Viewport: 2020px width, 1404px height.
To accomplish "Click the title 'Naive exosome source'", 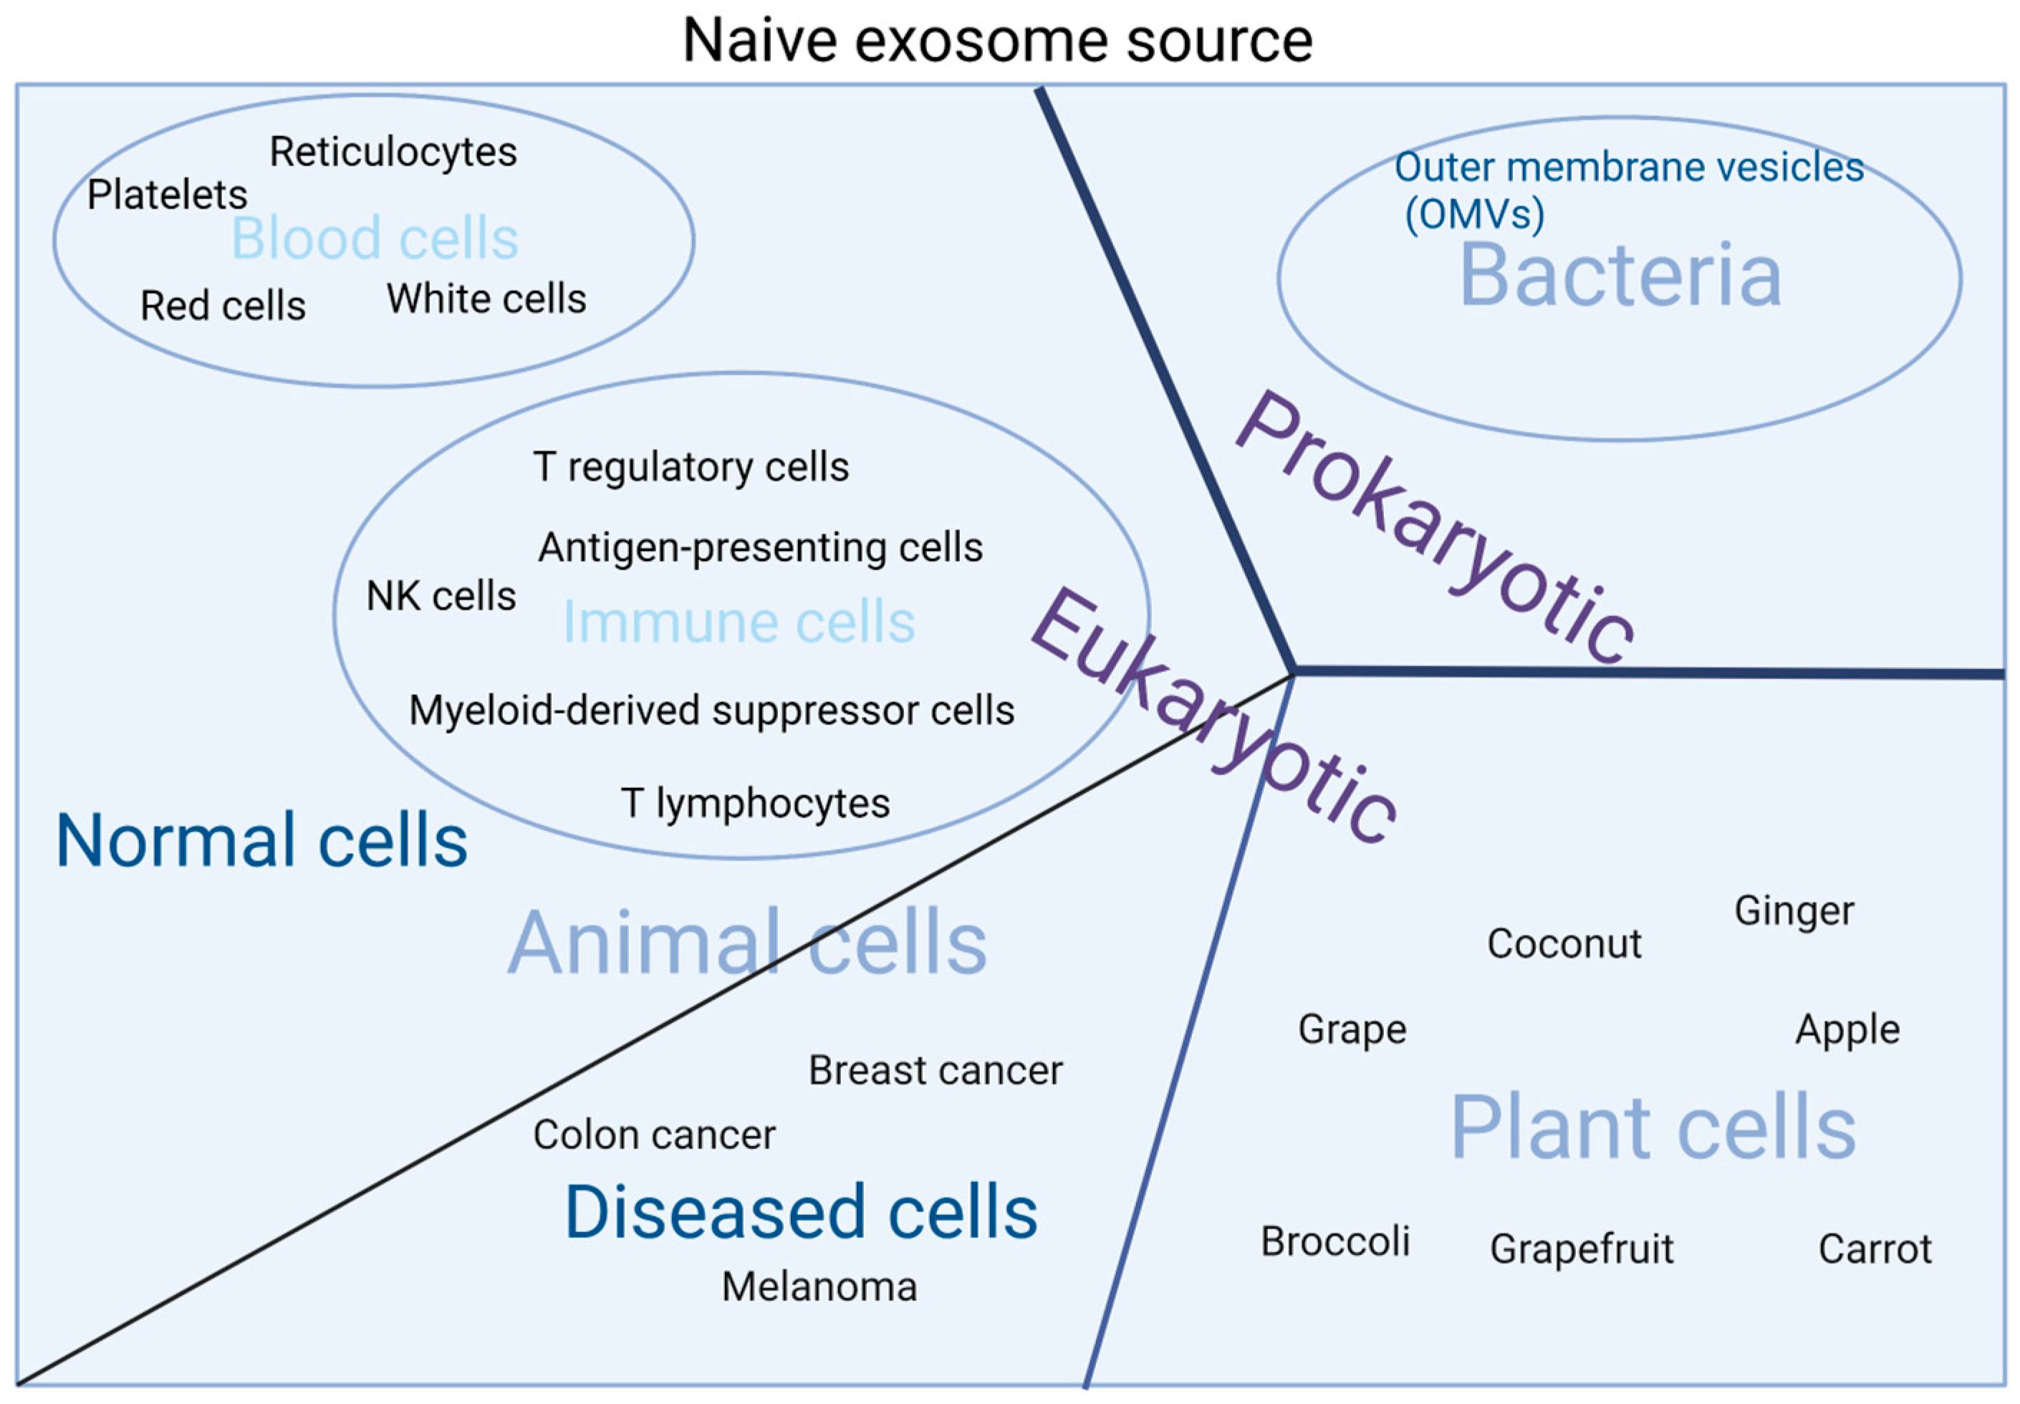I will click(997, 39).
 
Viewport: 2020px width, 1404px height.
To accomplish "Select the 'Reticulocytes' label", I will click(393, 152).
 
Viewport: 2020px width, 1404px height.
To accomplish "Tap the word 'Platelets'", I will click(167, 194).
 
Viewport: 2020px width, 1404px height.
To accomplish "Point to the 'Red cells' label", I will click(223, 306).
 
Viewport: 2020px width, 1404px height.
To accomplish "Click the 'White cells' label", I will click(486, 299).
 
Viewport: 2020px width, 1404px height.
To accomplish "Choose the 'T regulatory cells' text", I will click(691, 467).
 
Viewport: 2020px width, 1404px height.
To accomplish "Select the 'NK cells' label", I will click(441, 597).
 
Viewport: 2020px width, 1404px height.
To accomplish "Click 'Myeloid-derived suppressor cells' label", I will click(711, 711).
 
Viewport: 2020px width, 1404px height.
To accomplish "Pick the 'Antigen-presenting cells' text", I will click(761, 547).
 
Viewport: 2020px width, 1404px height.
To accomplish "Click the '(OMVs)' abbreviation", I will click(1474, 213).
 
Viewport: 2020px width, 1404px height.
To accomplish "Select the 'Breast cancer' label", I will click(936, 1071).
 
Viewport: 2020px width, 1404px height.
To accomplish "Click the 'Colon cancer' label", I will click(654, 1135).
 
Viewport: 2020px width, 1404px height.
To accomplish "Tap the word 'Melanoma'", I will click(819, 1287).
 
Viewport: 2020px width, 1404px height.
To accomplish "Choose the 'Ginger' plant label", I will click(1794, 911).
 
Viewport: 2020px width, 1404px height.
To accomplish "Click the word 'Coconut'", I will click(1564, 944).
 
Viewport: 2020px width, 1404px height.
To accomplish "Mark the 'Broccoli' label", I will click(1335, 1242).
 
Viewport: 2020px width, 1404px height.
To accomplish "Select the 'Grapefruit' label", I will click(1581, 1249).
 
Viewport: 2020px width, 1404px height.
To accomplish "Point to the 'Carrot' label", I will click(1875, 1249).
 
